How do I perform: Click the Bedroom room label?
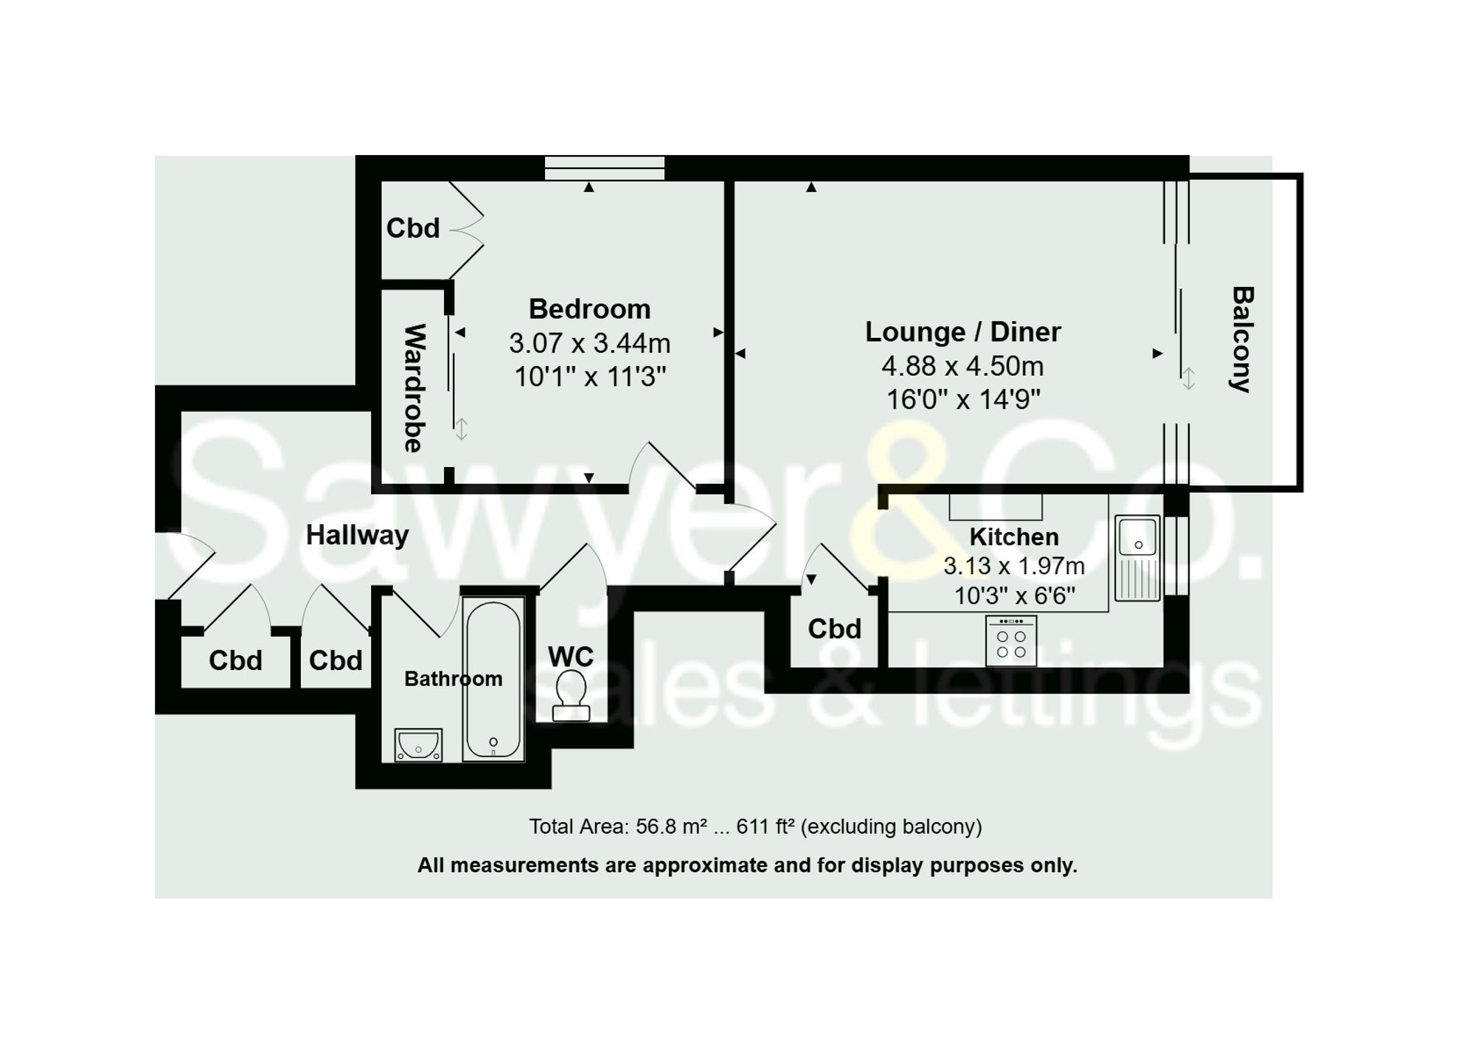point(589,309)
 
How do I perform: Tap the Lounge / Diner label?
point(962,332)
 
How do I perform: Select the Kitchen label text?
point(1013,536)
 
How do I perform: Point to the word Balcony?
point(1243,339)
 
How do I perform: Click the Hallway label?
point(357,535)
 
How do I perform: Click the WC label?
point(570,657)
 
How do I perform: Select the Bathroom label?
point(453,679)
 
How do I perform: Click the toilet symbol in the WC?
point(571,695)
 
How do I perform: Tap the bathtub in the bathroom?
point(493,679)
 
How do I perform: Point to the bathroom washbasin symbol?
point(418,744)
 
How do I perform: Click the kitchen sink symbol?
point(1137,558)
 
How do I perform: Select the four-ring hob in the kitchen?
point(1011,640)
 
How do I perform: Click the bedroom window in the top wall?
point(604,168)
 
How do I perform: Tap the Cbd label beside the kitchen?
point(834,629)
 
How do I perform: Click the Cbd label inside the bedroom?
point(413,228)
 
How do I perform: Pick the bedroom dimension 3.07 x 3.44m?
point(589,343)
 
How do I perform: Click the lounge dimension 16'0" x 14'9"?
point(962,400)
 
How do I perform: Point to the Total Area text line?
point(755,826)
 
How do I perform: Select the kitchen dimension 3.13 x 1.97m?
point(1014,566)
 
